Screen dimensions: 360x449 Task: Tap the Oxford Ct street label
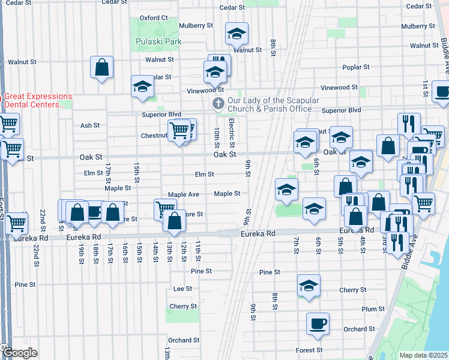[153, 18]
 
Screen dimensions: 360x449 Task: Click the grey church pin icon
[218, 104]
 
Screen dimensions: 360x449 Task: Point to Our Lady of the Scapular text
[273, 101]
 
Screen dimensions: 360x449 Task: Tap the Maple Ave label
[184, 194]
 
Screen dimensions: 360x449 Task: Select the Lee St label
[182, 289]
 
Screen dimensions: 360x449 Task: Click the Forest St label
[309, 350]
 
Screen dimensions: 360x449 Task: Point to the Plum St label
[372, 309]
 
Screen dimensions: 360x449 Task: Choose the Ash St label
[89, 125]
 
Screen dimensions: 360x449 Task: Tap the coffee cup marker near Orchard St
[318, 324]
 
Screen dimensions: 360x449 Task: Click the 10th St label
[217, 136]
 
